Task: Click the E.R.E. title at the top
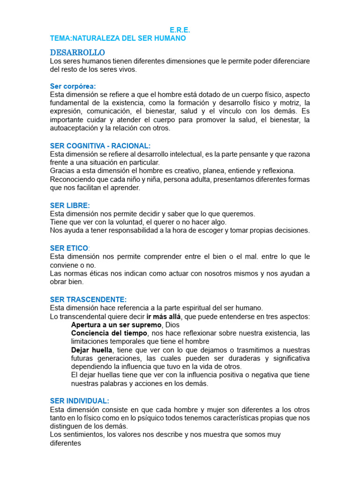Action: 180,30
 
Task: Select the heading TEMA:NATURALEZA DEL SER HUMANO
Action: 118,38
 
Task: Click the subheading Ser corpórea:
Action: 73,86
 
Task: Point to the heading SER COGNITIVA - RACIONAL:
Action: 100,146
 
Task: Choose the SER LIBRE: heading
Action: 70,205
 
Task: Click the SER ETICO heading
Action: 69,248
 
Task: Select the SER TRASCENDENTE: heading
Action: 88,299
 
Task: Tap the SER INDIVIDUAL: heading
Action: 79,401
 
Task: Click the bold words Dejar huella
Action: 92,350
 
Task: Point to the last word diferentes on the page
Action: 66,443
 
